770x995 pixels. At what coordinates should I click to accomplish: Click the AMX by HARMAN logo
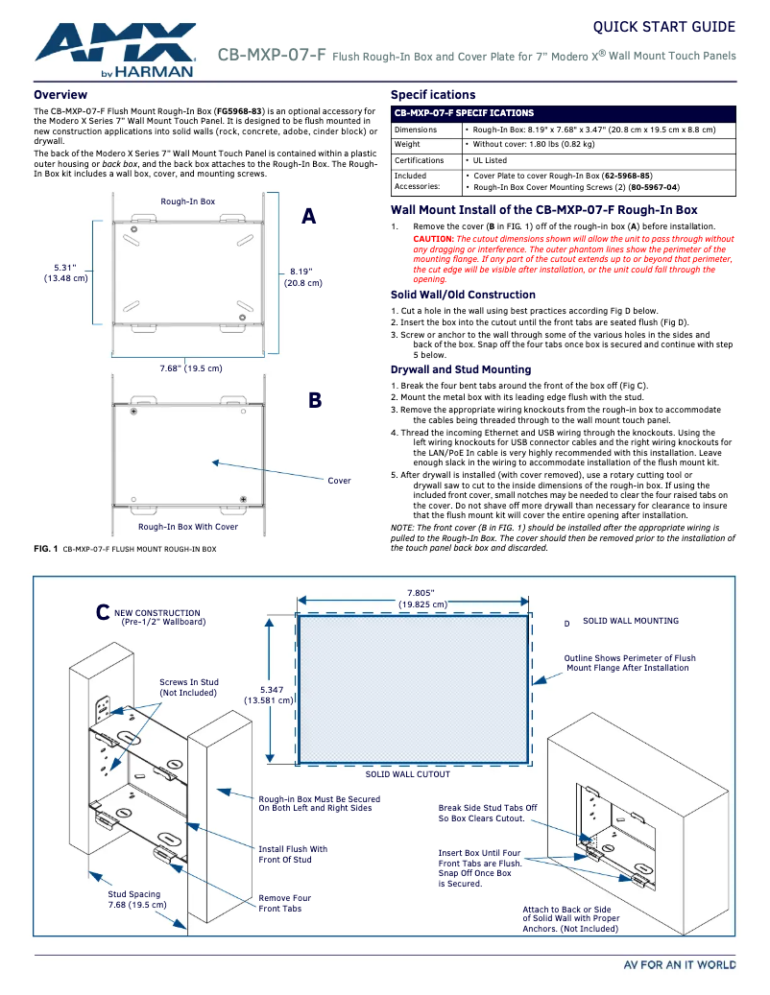tap(116, 50)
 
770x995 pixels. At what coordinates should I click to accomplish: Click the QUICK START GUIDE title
tap(663, 27)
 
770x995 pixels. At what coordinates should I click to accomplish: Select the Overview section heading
tap(60, 95)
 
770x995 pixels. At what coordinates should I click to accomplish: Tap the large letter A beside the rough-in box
tap(308, 217)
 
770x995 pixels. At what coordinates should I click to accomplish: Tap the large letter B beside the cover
tap(314, 401)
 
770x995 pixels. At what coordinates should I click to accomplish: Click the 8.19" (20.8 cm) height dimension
tap(302, 277)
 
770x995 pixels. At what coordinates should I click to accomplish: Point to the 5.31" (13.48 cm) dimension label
tap(65, 272)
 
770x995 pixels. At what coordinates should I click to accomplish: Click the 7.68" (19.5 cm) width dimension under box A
tap(190, 368)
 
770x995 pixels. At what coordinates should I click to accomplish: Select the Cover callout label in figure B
tap(339, 481)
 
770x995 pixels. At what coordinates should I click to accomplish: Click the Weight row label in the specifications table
tap(407, 145)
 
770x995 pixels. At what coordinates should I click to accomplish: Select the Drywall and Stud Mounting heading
tap(460, 369)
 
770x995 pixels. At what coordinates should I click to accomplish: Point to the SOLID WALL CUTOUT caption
tap(408, 774)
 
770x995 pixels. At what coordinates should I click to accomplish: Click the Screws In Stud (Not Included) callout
tap(188, 687)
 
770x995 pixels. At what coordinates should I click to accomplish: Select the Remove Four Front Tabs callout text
tap(284, 903)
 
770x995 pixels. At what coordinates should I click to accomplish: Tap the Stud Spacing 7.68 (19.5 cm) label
tap(136, 899)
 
